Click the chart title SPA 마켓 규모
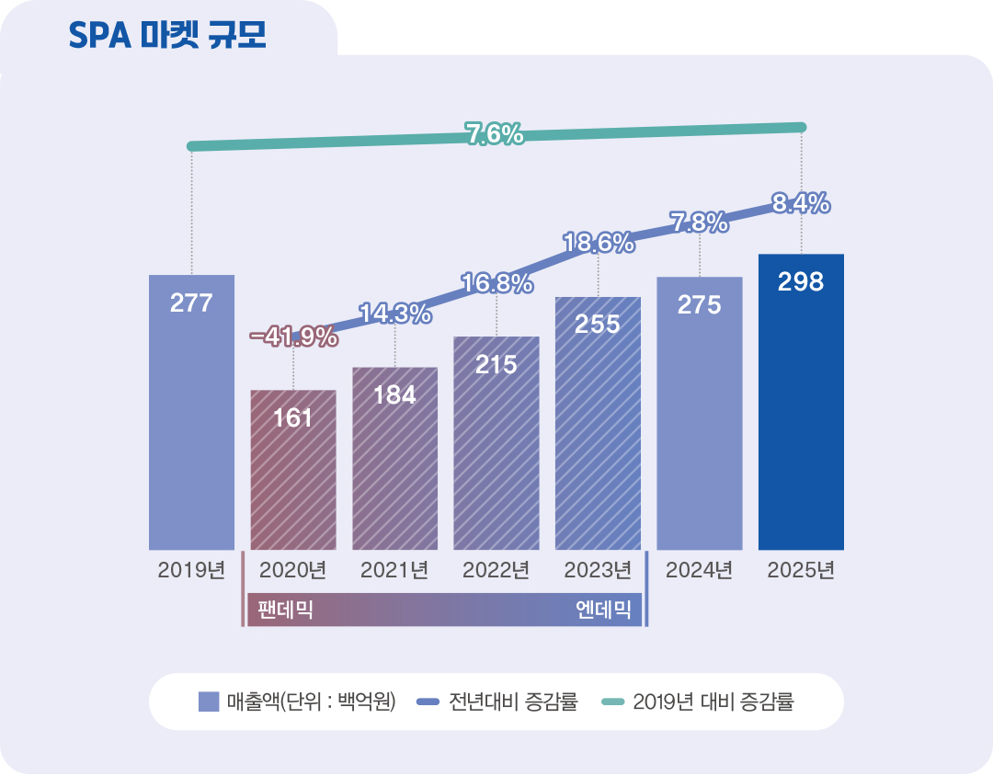[x=167, y=34]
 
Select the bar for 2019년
[x=191, y=414]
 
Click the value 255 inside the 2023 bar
[x=598, y=324]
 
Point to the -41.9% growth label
[x=294, y=337]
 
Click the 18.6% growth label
[x=599, y=244]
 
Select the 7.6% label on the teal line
[x=495, y=135]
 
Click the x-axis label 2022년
[x=496, y=570]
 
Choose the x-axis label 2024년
[x=699, y=570]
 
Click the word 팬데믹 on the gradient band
[x=286, y=610]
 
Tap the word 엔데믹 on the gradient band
[x=603, y=610]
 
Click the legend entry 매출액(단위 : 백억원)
[x=298, y=702]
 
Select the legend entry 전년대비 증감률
[x=497, y=702]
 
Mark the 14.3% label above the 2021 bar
[x=395, y=314]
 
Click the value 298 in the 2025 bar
[x=801, y=282]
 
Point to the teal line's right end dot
[x=801, y=127]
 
